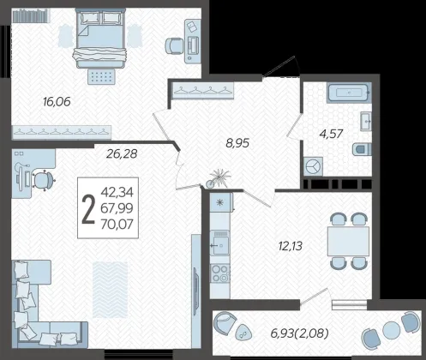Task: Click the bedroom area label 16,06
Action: click(x=57, y=101)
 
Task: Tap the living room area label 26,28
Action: click(x=122, y=153)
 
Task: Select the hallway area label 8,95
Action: click(x=237, y=143)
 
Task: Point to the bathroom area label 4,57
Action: click(x=332, y=134)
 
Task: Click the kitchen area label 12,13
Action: click(x=291, y=246)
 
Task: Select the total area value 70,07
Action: click(x=117, y=225)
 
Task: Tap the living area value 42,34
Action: click(x=117, y=192)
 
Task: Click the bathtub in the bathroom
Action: click(x=349, y=93)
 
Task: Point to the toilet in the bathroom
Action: click(x=362, y=149)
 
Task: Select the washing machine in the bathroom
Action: click(x=313, y=166)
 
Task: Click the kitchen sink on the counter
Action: click(x=219, y=243)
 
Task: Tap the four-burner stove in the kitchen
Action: click(x=219, y=273)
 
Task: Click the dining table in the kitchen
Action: click(x=348, y=241)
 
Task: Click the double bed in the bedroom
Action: click(x=100, y=38)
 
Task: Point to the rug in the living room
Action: click(x=110, y=290)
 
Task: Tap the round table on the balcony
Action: click(x=391, y=330)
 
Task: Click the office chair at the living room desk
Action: click(x=44, y=181)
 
